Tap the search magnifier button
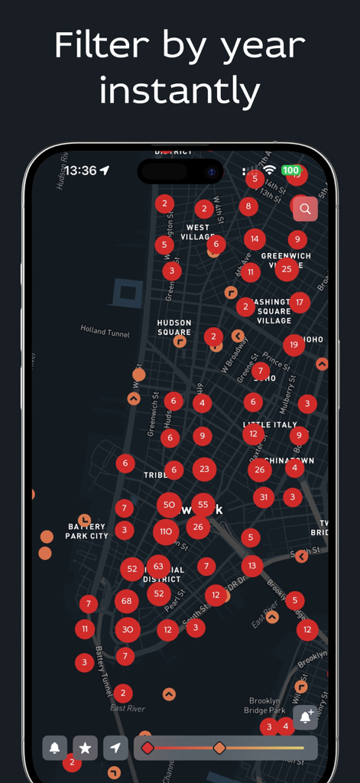pos(305,208)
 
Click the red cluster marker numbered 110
pos(166,531)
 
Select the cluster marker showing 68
pos(127,602)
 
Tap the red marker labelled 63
pos(158,567)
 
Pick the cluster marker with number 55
pos(203,505)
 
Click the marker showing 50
pos(169,505)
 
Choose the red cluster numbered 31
pos(264,497)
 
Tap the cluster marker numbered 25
pos(287,268)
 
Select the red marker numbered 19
pos(294,345)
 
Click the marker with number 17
pos(300,302)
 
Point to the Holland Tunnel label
pos(105,330)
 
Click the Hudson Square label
pos(174,327)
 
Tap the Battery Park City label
pos(86,531)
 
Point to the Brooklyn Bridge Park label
pos(264,706)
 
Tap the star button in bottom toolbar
pos(85,748)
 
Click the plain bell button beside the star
pos(54,748)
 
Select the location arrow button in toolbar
pos(115,748)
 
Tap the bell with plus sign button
pos(305,717)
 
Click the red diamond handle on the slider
pos(148,748)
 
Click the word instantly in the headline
pos(180,91)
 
